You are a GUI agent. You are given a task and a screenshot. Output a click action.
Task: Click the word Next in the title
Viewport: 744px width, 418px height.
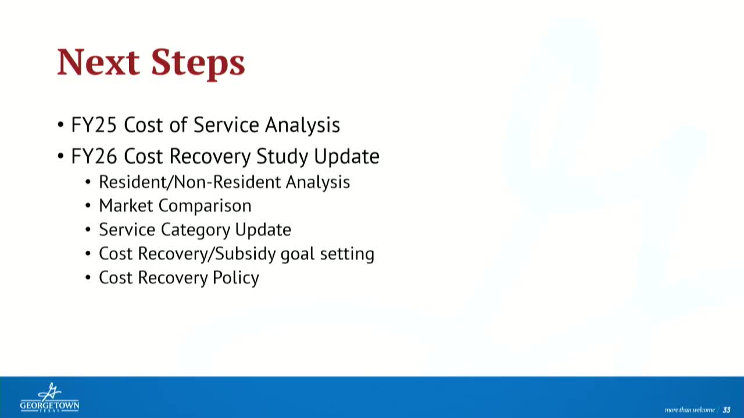(98, 62)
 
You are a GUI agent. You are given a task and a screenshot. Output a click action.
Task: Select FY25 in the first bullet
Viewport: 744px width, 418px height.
(94, 125)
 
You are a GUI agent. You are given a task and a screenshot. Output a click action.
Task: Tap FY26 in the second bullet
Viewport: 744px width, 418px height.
(94, 156)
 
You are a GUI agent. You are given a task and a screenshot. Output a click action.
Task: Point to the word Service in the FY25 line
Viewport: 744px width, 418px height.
(226, 125)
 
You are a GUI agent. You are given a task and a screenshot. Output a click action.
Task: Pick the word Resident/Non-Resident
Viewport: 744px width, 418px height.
(189, 182)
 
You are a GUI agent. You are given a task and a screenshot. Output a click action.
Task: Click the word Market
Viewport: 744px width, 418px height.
(126, 206)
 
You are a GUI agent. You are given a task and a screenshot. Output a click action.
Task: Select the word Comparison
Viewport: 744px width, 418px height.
(205, 206)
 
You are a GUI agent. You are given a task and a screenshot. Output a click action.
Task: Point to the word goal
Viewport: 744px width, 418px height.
(298, 254)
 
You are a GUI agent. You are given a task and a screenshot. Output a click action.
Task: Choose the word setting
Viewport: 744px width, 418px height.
(347, 254)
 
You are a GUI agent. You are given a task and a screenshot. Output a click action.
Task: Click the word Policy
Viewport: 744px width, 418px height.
(236, 278)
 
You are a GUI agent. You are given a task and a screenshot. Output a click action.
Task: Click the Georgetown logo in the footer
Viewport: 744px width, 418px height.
(49, 398)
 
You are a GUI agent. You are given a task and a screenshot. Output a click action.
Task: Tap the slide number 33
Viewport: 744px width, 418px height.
(727, 410)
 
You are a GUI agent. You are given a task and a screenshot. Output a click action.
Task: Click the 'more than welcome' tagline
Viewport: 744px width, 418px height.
(689, 410)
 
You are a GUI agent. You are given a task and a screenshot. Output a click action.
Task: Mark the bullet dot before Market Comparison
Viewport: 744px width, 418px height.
(88, 206)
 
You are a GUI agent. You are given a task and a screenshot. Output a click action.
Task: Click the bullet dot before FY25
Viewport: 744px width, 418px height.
(60, 125)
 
